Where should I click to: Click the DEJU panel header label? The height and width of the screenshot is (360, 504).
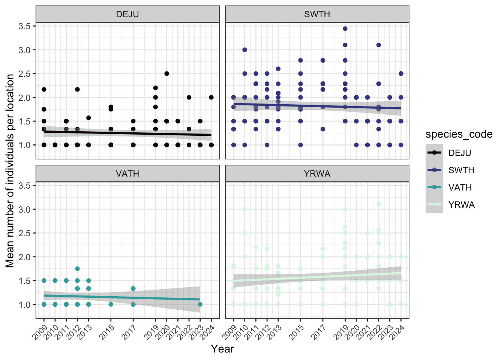[x=127, y=14]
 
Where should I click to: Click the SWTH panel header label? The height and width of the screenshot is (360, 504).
[x=317, y=14]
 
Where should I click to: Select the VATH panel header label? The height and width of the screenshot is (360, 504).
[x=127, y=174]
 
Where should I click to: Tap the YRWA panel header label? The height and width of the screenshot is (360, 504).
[x=317, y=174]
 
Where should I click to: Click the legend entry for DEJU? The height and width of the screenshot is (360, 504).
[x=459, y=153]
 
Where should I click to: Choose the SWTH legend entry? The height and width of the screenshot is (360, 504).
[x=461, y=170]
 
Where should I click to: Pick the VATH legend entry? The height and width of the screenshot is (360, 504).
[x=460, y=187]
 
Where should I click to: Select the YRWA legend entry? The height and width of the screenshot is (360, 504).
[x=461, y=205]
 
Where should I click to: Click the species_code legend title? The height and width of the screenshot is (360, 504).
[x=459, y=134]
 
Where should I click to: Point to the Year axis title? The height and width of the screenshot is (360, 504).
[x=222, y=349]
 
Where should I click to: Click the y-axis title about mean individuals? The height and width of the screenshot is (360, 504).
[x=10, y=171]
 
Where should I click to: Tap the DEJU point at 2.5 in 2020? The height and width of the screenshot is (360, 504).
[x=166, y=73]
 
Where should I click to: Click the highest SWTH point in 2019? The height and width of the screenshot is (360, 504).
[x=345, y=28]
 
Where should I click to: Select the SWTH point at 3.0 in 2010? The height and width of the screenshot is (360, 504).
[x=244, y=50]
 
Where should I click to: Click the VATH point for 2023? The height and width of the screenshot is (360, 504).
[x=200, y=304]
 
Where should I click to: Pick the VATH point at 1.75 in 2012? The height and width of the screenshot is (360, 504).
[x=77, y=269]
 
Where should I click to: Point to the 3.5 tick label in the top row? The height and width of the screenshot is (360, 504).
[x=25, y=26]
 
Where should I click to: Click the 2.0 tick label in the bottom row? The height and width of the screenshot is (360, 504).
[x=25, y=257]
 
